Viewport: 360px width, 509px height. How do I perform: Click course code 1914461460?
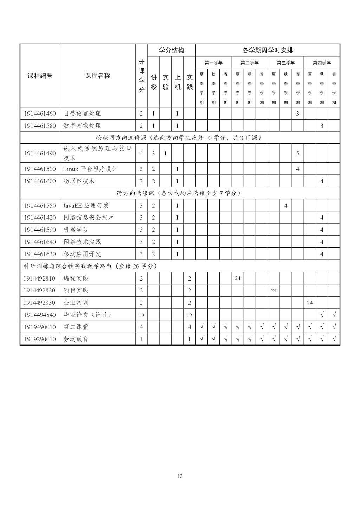pyautogui.click(x=40, y=114)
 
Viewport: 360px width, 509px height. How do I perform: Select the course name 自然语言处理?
pyautogui.click(x=82, y=114)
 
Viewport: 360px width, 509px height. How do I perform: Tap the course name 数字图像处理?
pyautogui.click(x=82, y=125)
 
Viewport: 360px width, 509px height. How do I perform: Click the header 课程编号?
pyautogui.click(x=40, y=76)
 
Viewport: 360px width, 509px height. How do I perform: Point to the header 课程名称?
pyautogui.click(x=97, y=76)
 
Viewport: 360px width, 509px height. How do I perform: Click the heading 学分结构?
pyautogui.click(x=171, y=50)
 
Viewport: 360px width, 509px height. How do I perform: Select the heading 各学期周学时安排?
pyautogui.click(x=268, y=50)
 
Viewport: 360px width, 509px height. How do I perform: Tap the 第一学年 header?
pyautogui.click(x=213, y=63)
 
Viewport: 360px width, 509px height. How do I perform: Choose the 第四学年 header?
pyautogui.click(x=322, y=63)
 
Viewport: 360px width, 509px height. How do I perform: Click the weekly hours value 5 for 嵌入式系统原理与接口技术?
pyautogui.click(x=298, y=153)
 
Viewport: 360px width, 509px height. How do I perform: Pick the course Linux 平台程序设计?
pyautogui.click(x=90, y=169)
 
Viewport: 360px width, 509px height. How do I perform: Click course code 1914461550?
pyautogui.click(x=40, y=206)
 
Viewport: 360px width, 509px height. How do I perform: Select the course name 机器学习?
pyautogui.click(x=76, y=230)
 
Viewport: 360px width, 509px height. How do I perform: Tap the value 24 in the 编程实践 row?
pyautogui.click(x=237, y=278)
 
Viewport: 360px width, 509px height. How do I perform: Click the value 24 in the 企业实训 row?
pyautogui.click(x=310, y=303)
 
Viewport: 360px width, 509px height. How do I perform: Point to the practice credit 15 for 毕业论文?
pyautogui.click(x=189, y=315)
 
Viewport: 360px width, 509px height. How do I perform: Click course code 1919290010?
pyautogui.click(x=40, y=339)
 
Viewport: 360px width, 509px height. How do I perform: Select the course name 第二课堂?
pyautogui.click(x=76, y=327)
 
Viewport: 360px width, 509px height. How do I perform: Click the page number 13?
pyautogui.click(x=180, y=476)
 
